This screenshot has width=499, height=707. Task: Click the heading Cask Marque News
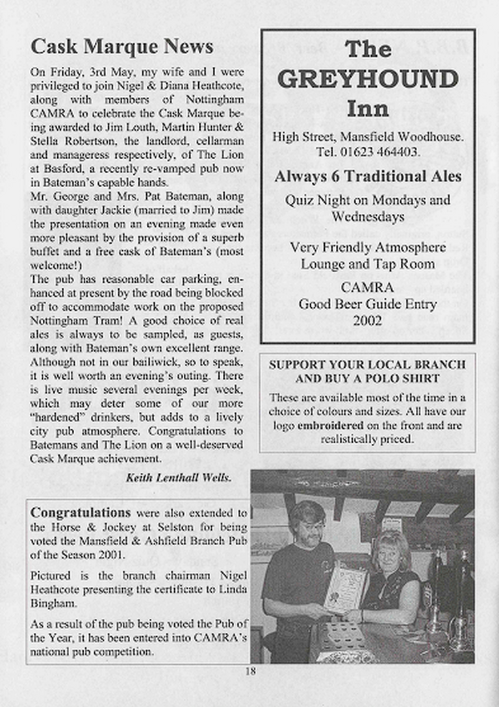tap(122, 47)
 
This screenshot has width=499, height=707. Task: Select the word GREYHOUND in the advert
tap(367, 79)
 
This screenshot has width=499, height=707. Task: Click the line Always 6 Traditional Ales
tap(368, 177)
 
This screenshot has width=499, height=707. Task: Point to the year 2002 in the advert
tap(367, 320)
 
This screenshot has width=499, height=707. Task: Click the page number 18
tap(250, 672)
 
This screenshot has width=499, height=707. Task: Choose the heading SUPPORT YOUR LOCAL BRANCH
tap(367, 365)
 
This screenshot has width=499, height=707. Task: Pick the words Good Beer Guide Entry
tap(367, 304)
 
